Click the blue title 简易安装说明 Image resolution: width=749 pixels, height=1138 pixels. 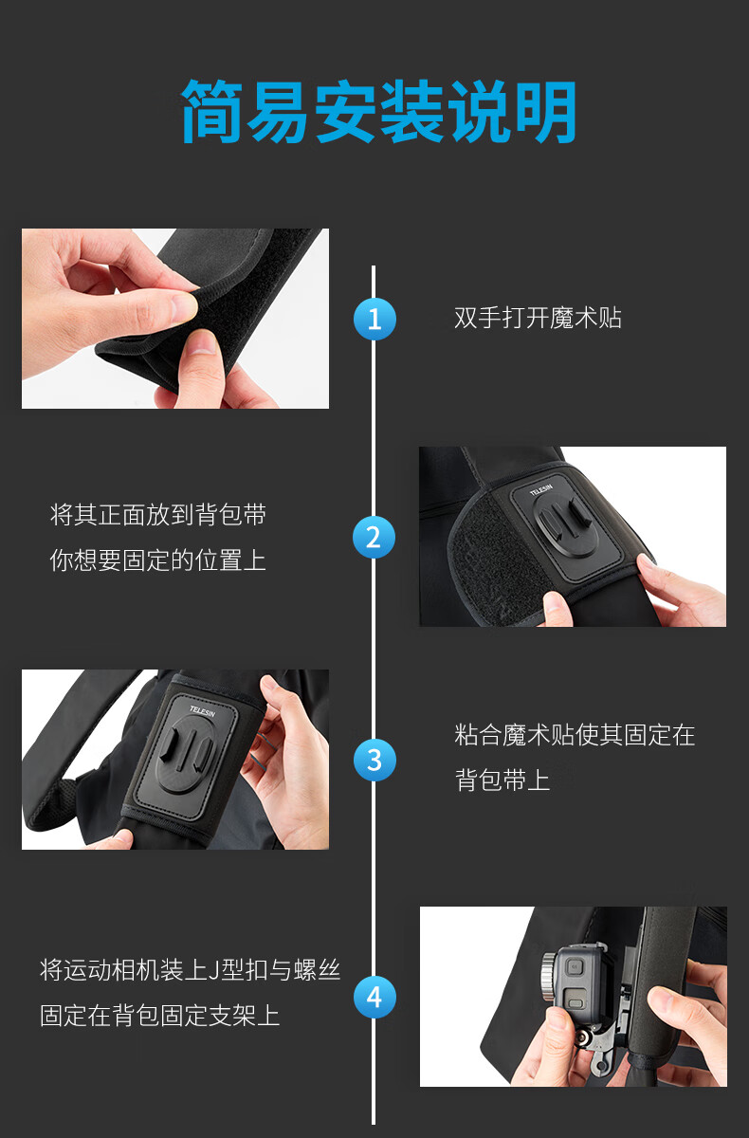point(378,111)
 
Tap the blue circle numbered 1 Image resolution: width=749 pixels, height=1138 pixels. point(374,319)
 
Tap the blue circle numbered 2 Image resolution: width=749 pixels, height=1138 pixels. point(374,537)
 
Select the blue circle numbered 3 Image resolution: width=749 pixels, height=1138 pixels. point(374,760)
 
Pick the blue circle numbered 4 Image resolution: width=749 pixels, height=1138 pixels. point(374,998)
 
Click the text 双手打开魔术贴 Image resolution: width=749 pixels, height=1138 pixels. point(538,318)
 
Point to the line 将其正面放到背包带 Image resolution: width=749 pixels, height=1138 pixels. point(158,515)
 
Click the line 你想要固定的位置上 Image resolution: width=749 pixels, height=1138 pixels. point(158,560)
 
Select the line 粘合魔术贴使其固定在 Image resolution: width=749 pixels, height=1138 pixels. point(575,735)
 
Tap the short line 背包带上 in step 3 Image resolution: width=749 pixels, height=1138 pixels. point(502,780)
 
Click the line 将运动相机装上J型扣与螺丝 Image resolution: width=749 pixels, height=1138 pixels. point(190,970)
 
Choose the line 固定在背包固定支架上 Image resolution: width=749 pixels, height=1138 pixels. point(160,1016)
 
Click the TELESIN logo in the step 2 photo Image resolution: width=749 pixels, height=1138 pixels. point(540,489)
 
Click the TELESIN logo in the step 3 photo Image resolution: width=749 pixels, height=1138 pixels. point(203,710)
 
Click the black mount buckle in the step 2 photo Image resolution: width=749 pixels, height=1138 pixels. point(565,524)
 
